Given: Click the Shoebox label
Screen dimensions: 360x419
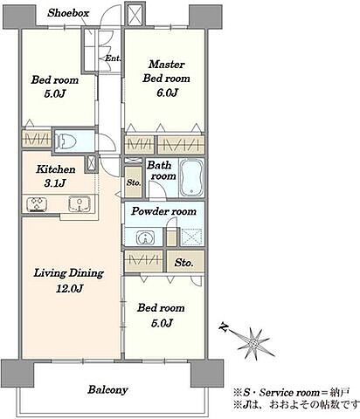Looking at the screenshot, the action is click(68, 13).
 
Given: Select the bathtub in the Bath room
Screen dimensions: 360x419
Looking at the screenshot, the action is click(191, 178).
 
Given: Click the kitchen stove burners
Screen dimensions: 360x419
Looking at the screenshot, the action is click(37, 204).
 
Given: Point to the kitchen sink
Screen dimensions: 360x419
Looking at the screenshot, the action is click(80, 203).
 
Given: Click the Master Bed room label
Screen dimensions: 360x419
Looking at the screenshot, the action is click(166, 72).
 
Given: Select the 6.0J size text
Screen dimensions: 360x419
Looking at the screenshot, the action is click(167, 93).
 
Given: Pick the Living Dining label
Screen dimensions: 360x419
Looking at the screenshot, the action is click(69, 273).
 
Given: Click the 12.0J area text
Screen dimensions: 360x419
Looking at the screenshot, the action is click(69, 288).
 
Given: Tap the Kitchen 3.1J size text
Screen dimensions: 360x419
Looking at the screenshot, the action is click(55, 183).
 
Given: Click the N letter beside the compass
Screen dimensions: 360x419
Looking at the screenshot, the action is click(224, 327).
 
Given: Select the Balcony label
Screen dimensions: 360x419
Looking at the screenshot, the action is click(107, 389).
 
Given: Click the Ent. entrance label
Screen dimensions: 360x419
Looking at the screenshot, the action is click(113, 58).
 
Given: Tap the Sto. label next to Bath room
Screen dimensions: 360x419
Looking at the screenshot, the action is click(134, 183).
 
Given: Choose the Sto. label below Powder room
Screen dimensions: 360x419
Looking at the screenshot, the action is click(183, 263).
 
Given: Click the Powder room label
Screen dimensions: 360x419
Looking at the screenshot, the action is click(163, 211).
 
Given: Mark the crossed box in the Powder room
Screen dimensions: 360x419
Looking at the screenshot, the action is click(191, 237).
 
